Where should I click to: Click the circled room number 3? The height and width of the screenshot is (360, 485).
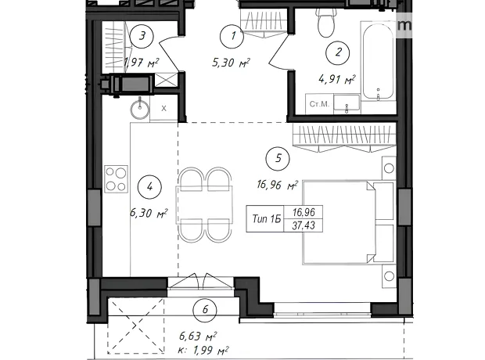coord(142,36)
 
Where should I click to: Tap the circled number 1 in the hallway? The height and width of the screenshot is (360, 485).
coord(232,36)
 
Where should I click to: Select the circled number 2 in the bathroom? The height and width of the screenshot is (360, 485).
coord(338,52)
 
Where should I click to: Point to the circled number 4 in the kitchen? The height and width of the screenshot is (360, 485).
coord(149,187)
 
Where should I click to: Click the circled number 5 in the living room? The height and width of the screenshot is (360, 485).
coord(278,159)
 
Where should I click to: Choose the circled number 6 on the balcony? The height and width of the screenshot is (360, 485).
coord(205,310)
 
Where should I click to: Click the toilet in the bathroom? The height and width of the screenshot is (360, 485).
coord(325,23)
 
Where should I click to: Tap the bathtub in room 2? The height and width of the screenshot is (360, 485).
coord(378,61)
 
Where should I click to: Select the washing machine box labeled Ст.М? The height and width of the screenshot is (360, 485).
coord(319,104)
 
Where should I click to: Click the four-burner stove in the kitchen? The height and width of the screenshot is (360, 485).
coord(117,179)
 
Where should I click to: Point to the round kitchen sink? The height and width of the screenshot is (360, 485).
coord(139,109)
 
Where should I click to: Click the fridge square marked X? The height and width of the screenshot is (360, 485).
coord(164,108)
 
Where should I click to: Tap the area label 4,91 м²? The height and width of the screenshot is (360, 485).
coord(337,79)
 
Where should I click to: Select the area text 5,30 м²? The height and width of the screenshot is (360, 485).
coord(231,63)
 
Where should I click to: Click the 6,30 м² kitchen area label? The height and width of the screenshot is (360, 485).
coord(149,213)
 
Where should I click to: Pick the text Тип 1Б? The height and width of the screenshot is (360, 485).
coord(267,219)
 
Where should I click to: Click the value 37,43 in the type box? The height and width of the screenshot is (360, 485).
coord(304,225)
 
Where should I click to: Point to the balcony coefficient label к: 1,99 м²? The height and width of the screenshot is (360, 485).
coord(204,351)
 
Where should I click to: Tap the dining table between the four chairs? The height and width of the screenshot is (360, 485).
coord(204,204)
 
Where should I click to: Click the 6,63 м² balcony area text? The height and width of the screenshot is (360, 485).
coord(198,336)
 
